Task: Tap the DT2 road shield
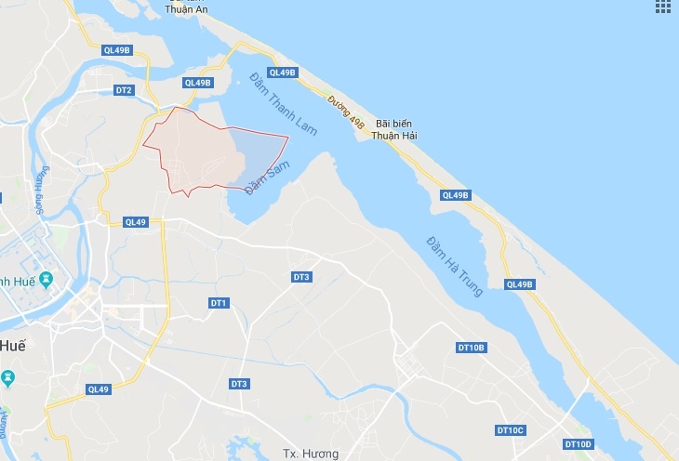[124, 90]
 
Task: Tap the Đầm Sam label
[264, 177]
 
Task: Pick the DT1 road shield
[220, 303]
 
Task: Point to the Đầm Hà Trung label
[455, 266]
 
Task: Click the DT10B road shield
[472, 348]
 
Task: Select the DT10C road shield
[511, 430]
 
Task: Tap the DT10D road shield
[578, 444]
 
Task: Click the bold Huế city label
[12, 345]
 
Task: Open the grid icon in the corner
[663, 7]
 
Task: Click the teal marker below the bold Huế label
[8, 377]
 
